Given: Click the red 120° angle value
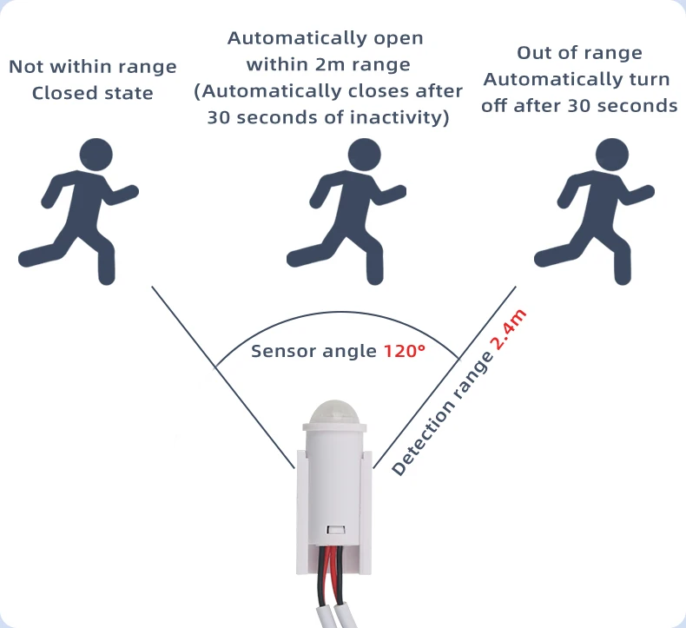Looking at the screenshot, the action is (405, 351).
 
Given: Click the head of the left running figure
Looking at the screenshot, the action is (96, 155).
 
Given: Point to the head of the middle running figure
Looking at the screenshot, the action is (365, 155).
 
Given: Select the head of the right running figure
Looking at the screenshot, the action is (612, 155).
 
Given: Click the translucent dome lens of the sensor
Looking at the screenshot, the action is (334, 411).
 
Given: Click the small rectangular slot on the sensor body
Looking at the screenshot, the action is (336, 530).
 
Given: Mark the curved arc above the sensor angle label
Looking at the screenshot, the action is (337, 313).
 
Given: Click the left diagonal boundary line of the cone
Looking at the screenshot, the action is (223, 377).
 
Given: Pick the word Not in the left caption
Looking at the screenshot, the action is (26, 67).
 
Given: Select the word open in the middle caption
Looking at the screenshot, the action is (399, 39).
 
